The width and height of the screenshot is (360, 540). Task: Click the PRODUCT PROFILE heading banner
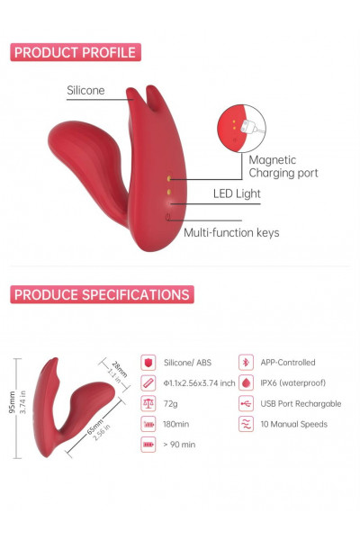tap(76, 52)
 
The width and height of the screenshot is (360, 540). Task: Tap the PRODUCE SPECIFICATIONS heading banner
tap(102, 294)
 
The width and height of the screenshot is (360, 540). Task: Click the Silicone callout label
tap(85, 90)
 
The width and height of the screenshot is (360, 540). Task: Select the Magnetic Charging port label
tap(283, 166)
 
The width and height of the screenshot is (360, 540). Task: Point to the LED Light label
tap(237, 193)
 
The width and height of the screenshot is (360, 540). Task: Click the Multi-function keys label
tap(231, 233)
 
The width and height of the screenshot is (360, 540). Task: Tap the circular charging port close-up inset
tap(241, 129)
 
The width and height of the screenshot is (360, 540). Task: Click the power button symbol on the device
tap(167, 217)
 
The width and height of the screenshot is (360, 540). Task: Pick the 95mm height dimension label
tap(13, 402)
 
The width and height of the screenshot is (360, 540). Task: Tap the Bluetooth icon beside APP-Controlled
tap(246, 363)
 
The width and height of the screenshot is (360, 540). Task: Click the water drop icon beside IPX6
tap(246, 382)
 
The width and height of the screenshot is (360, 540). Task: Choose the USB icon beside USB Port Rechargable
tap(246, 403)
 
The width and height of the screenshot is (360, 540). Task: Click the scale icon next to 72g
tap(148, 403)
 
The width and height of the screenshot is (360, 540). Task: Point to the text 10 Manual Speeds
tap(294, 424)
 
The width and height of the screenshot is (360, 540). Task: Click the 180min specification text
tap(176, 424)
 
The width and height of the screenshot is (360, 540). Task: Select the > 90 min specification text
tap(179, 445)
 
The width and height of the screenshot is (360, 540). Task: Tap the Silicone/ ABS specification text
tap(187, 363)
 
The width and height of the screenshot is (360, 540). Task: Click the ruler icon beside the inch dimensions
tap(148, 382)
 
